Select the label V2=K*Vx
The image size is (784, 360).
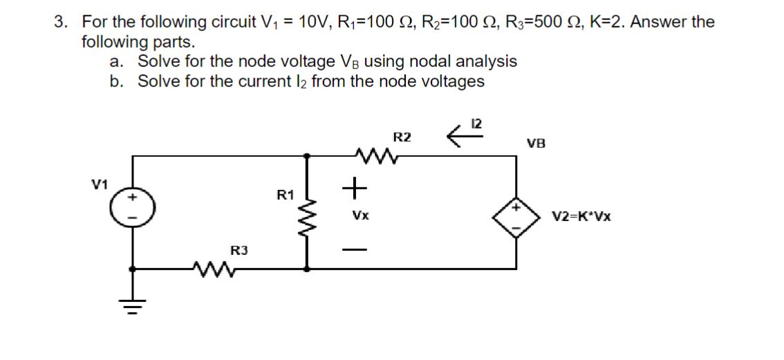[x=581, y=216]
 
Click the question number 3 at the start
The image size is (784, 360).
[x=61, y=22]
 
